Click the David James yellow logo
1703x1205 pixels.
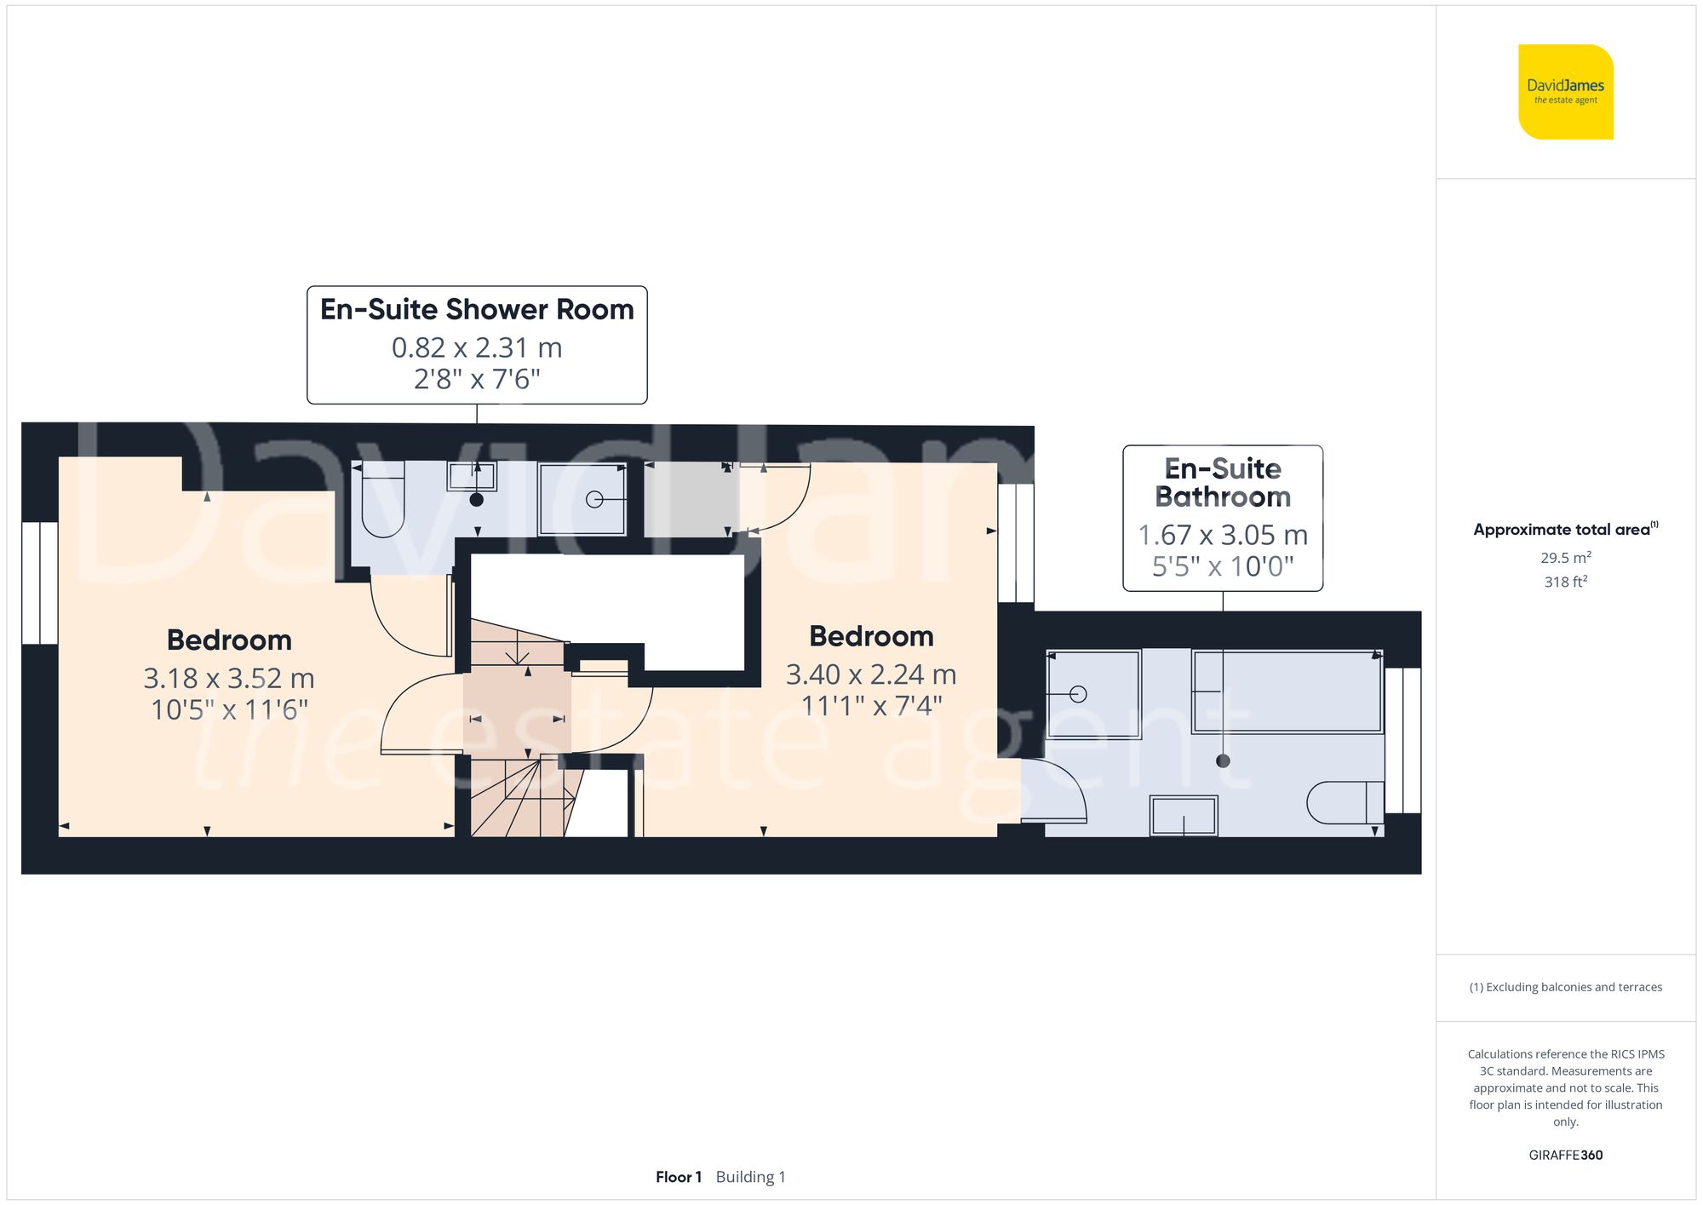(1565, 92)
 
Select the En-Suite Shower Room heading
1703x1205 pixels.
(477, 309)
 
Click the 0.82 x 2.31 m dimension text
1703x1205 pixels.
(477, 347)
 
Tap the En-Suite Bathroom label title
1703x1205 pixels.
(1223, 482)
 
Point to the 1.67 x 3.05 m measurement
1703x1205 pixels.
(1223, 535)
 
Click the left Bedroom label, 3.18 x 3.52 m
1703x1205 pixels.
(229, 640)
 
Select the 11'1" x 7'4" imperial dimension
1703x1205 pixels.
(871, 705)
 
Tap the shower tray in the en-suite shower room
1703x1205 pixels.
(582, 499)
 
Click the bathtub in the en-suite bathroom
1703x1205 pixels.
(1287, 691)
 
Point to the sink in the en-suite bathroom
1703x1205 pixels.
(1184, 816)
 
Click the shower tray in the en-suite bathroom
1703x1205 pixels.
(1093, 693)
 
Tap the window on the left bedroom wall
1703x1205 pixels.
(40, 583)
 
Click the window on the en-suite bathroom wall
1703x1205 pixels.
(1402, 740)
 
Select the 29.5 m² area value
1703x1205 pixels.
(1565, 558)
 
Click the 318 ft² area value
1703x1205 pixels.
(1565, 582)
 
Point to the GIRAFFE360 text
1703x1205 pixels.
(1565, 1155)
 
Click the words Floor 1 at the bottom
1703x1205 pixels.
(678, 1177)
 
